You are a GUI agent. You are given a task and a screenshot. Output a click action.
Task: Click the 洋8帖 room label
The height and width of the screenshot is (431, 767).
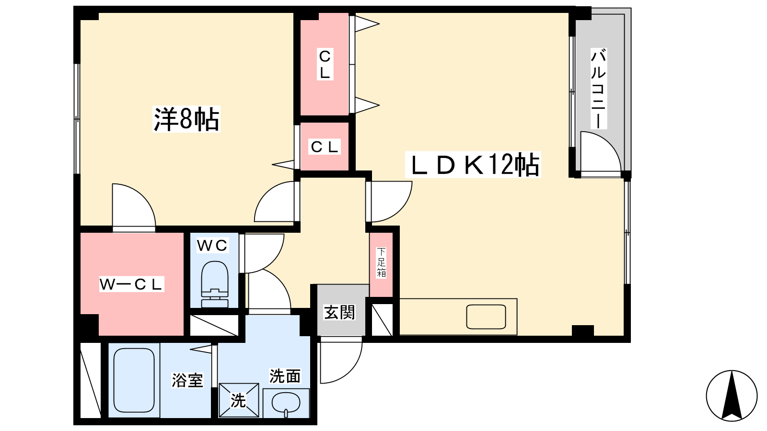(x=186, y=119)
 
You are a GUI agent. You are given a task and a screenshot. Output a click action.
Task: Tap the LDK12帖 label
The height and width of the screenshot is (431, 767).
(x=473, y=165)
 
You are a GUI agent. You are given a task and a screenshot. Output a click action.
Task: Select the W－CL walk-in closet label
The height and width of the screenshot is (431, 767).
(x=132, y=284)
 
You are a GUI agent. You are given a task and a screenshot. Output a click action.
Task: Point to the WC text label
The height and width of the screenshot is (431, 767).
(x=212, y=245)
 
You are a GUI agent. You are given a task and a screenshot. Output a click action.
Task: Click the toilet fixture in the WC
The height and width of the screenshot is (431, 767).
(x=215, y=284)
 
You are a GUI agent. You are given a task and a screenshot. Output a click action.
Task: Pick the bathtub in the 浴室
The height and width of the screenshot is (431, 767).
(x=134, y=380)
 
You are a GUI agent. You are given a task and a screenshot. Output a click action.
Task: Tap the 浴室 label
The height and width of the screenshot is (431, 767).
(x=187, y=380)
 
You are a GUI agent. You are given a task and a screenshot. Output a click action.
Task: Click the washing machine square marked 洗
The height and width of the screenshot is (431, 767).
(x=239, y=400)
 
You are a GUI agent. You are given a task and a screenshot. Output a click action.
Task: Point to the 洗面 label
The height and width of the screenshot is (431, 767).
(x=285, y=376)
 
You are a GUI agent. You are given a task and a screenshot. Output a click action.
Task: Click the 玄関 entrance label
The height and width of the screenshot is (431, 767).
(x=339, y=312)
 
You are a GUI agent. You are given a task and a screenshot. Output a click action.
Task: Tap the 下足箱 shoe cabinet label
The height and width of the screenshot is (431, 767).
(x=381, y=263)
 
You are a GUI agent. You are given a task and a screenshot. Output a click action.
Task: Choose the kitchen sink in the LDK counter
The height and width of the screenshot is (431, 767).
(x=486, y=317)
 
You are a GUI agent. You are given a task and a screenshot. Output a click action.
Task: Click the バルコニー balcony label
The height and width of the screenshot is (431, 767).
(x=598, y=89)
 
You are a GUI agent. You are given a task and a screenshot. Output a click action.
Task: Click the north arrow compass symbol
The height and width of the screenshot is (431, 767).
(x=732, y=396)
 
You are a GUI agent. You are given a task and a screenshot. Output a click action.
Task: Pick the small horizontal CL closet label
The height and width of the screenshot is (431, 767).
(x=324, y=147)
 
